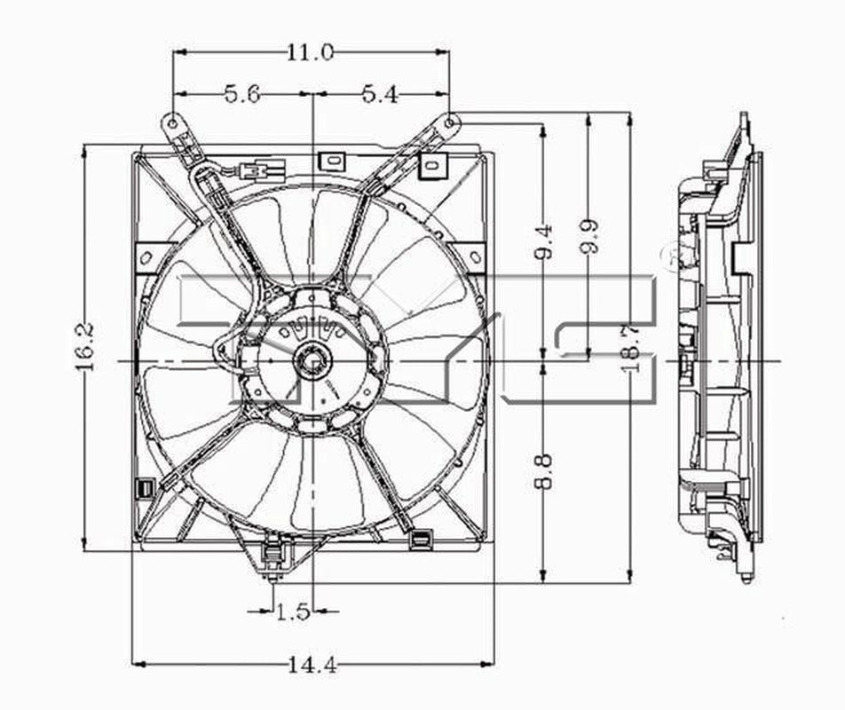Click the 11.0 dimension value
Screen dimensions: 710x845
click(309, 53)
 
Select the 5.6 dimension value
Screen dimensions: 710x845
click(241, 94)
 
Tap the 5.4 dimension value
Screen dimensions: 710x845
click(380, 94)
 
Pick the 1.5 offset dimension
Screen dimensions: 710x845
click(292, 611)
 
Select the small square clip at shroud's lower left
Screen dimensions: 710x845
click(142, 487)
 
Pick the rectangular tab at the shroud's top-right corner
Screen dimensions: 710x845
click(432, 164)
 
